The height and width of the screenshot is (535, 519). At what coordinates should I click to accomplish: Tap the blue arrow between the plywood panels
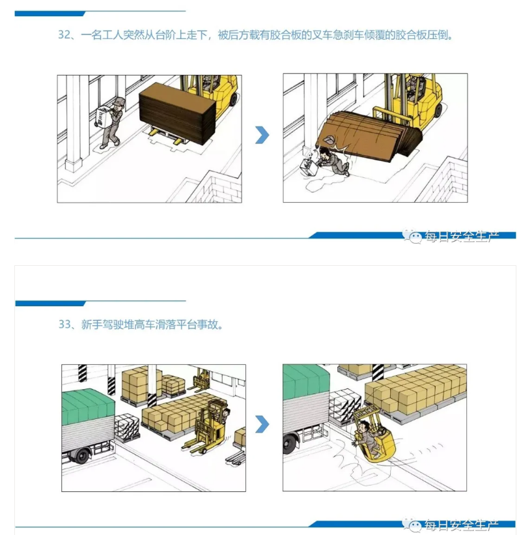262,135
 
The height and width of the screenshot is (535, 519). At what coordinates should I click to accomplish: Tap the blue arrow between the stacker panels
262,424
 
